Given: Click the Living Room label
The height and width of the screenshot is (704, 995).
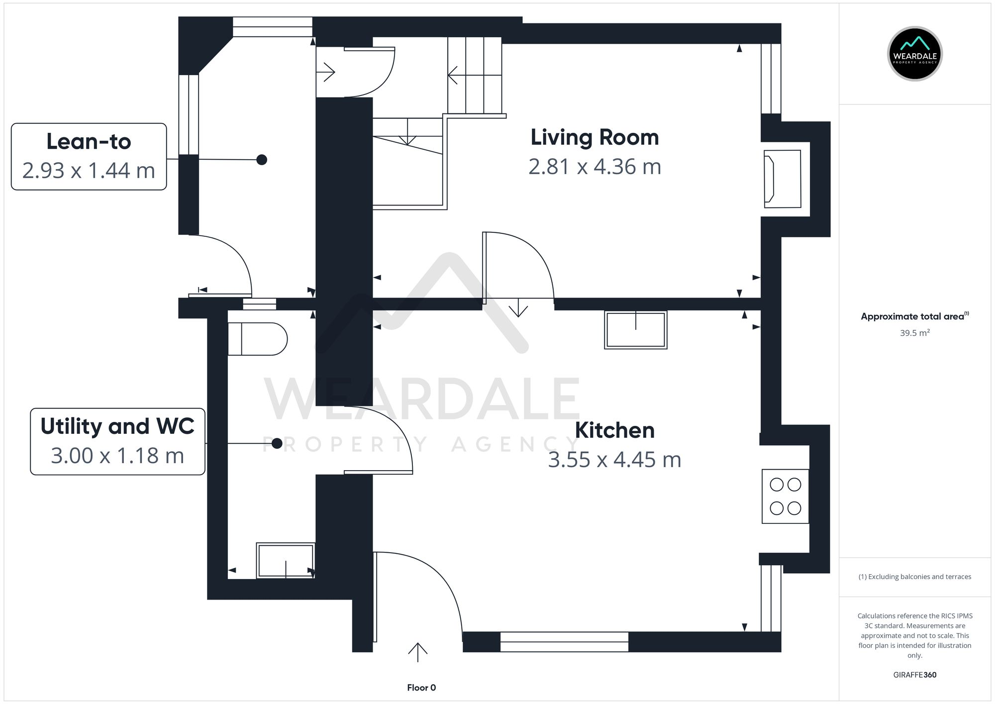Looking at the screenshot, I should [595, 138].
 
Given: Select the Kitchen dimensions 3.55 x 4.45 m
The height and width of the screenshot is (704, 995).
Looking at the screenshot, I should [614, 460].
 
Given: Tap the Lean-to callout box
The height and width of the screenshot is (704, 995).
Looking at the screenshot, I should [89, 156].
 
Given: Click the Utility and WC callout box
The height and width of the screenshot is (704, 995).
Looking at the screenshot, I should [117, 441].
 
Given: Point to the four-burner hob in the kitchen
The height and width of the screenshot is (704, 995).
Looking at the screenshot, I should [785, 496].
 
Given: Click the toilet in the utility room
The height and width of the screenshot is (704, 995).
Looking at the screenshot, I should [257, 339].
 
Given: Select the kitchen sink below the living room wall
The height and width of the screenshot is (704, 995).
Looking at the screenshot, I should [635, 330].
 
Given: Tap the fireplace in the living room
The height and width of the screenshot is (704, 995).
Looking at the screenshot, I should [782, 179].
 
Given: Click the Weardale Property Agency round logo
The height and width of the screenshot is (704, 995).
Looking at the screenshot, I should [914, 54].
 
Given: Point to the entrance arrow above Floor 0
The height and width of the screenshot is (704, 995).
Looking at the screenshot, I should [417, 652].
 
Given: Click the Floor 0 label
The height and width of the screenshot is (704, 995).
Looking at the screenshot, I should [421, 688].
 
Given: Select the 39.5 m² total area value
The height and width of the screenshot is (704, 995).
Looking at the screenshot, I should [914, 333].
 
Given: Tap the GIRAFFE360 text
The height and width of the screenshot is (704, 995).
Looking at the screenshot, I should [914, 675].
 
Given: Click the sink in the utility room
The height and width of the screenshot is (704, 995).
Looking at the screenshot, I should [286, 560].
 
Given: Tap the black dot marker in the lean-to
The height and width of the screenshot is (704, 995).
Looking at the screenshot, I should [262, 160].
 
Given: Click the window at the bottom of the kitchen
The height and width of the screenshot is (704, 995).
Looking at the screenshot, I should [564, 642].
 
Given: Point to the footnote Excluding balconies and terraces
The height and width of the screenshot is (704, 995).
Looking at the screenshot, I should [914, 577].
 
